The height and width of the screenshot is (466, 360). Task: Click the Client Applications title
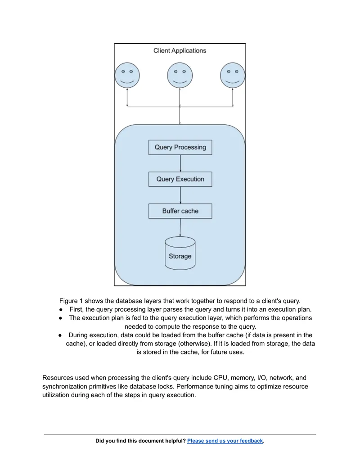click(180, 50)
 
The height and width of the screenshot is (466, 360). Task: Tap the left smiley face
click(127, 75)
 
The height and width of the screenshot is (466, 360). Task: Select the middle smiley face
click(180, 75)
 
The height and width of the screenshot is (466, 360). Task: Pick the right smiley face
click(233, 75)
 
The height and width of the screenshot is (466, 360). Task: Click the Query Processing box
click(180, 147)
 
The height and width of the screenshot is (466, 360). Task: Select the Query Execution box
click(180, 179)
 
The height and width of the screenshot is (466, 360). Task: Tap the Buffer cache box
click(180, 211)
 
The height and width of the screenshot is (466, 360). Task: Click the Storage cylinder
click(180, 253)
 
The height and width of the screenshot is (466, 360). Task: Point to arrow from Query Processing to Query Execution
click(180, 163)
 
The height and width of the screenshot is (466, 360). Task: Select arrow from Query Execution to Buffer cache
click(180, 195)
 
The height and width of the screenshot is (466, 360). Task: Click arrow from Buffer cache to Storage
click(180, 228)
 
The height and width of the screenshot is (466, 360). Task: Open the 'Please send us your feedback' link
click(225, 441)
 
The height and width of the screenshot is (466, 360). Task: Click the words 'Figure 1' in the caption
click(71, 301)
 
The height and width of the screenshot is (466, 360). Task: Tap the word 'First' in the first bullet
click(76, 309)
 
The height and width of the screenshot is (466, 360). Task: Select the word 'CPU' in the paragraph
click(220, 378)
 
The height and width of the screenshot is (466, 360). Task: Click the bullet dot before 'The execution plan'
click(60, 318)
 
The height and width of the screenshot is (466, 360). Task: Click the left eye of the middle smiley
click(175, 72)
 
